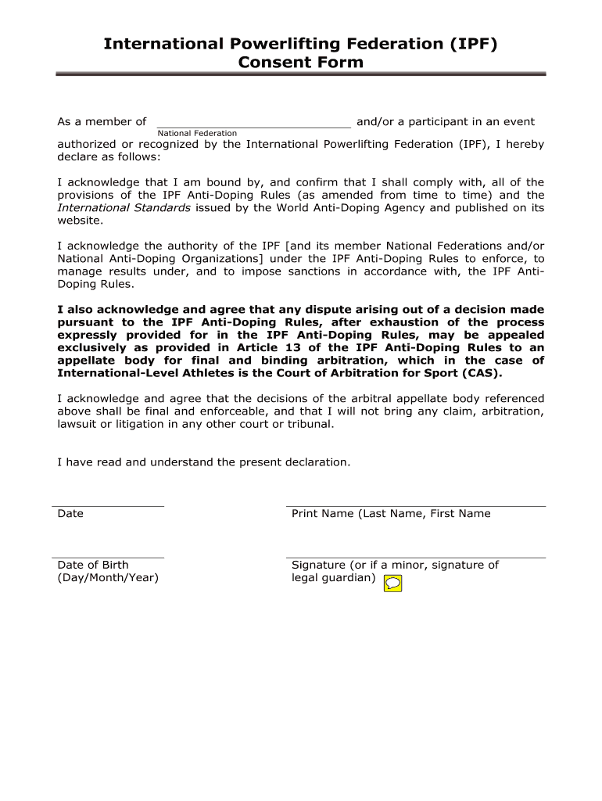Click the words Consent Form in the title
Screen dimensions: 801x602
tap(301, 62)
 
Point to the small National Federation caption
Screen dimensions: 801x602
tap(197, 134)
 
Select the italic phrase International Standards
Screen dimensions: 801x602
tap(124, 208)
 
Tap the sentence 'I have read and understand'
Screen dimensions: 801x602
tap(204, 462)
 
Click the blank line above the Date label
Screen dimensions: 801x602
tap(108, 506)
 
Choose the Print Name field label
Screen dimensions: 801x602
tap(391, 514)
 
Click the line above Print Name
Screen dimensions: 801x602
tap(416, 506)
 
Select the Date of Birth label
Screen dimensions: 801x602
tap(93, 565)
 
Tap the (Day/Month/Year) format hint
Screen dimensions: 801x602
tap(108, 578)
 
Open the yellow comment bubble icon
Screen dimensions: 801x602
tap(393, 583)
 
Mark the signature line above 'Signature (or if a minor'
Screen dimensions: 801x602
tap(416, 558)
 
